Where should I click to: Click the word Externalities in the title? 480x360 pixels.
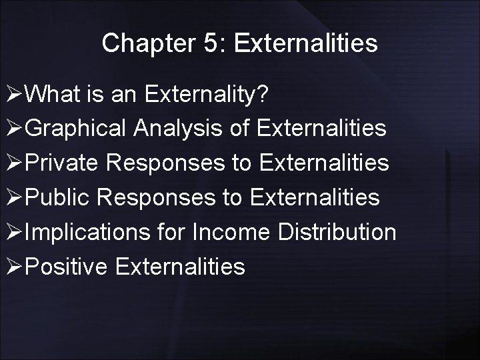coord(306,43)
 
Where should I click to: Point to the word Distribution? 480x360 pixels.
coord(337,233)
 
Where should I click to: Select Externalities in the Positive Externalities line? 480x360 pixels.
coord(180,267)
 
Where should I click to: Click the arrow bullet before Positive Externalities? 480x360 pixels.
coord(13,267)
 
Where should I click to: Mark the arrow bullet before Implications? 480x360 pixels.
coord(13,233)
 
